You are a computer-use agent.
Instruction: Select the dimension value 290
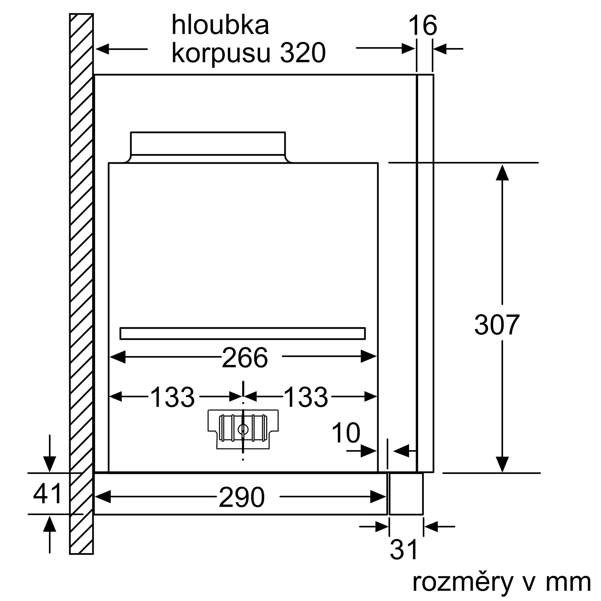[242, 498]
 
